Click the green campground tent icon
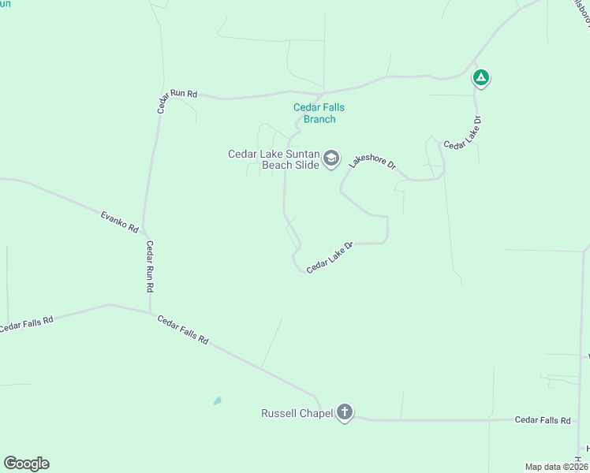coord(480,77)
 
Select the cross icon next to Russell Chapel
coord(344,412)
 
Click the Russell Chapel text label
coord(297,413)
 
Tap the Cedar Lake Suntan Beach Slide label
coord(274,159)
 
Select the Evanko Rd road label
coord(120,221)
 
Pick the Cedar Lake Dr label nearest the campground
coord(462,133)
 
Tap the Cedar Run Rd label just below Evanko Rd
coord(149,266)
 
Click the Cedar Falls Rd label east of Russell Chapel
coord(543,420)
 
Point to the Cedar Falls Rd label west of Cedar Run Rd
coord(27,323)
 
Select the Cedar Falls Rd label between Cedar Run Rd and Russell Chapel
coord(183,330)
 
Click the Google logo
coord(26,464)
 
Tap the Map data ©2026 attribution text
coord(556,466)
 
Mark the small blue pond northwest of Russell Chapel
coord(217,400)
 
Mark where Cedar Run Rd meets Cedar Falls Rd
coord(150,313)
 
